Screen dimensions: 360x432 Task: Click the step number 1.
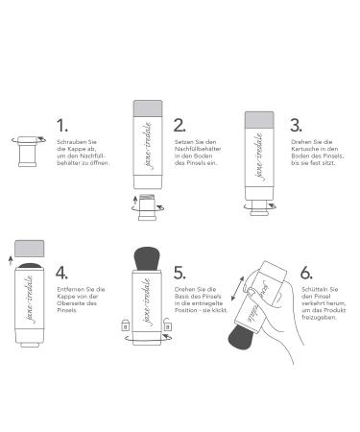[61, 125]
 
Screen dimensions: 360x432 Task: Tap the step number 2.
[180, 125]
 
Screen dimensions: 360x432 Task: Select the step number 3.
[296, 125]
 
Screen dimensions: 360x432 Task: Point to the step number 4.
[61, 273]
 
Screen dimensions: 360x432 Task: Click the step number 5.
[180, 273]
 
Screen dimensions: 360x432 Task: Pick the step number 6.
[306, 273]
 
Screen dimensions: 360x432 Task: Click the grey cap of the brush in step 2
[148, 108]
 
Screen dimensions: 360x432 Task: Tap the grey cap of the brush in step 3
[259, 120]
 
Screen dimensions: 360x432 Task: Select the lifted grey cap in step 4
[30, 249]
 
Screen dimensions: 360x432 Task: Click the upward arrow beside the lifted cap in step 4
[11, 261]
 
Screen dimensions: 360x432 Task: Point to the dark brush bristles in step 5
[147, 258]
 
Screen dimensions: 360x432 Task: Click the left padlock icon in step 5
[125, 325]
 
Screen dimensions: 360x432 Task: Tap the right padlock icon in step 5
[167, 324]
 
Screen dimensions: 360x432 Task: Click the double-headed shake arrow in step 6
[237, 288]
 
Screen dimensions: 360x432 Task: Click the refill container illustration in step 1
[28, 152]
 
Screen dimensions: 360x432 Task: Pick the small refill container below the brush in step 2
[147, 207]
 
